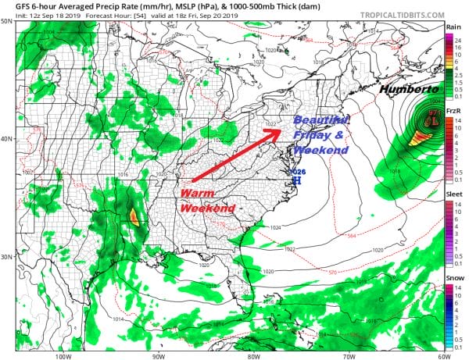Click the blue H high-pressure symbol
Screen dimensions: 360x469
295,180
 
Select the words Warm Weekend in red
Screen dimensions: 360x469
206,201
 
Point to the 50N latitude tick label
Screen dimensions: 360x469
7,22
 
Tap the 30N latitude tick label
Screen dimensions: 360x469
7,258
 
